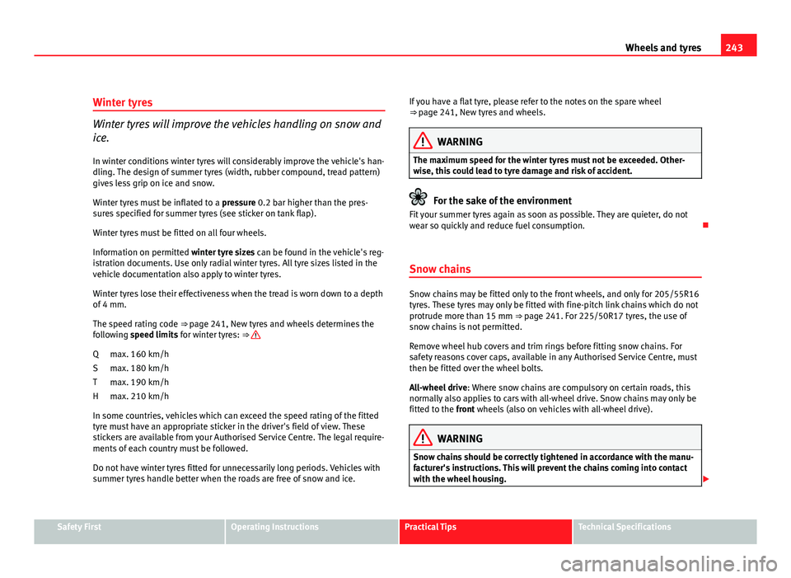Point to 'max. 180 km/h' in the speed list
point(139,368)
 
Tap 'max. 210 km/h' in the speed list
point(139,397)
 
